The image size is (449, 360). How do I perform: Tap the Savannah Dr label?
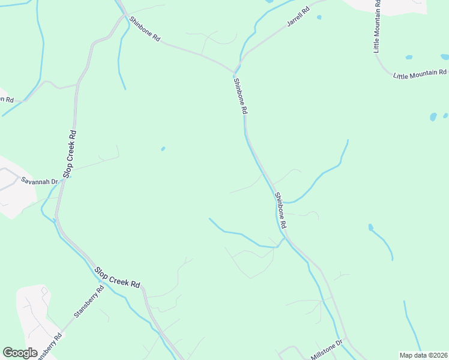point(39,181)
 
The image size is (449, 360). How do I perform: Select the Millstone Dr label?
point(327,350)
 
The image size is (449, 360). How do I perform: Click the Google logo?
point(20,352)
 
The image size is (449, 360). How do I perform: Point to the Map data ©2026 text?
point(423,355)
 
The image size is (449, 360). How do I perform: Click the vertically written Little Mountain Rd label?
point(378,26)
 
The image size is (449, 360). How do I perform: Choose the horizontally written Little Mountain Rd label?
point(420,74)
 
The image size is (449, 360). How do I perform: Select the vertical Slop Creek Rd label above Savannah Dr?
point(71,154)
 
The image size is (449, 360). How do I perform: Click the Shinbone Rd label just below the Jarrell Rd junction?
point(241,96)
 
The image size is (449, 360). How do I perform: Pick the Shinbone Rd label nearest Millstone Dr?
point(280,209)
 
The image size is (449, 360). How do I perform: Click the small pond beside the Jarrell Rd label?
point(319,17)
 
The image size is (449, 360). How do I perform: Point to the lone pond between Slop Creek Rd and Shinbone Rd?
point(163,149)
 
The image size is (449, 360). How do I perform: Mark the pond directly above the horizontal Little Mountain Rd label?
point(409,58)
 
